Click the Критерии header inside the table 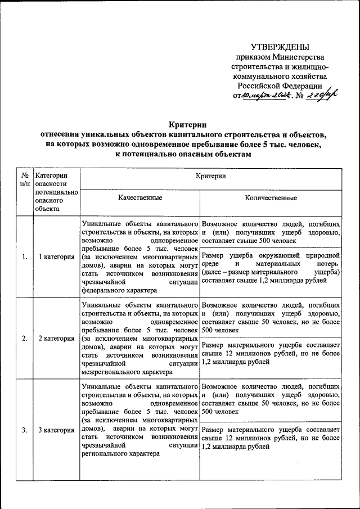pos(211,176)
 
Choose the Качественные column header pos(139,198)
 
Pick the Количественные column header pos(271,198)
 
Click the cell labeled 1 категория pos(56,257)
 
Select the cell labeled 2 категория pos(56,339)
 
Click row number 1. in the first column pos(24,257)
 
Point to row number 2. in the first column pos(24,339)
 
